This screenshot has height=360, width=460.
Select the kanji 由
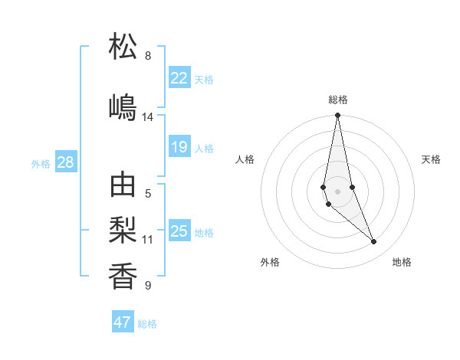(123, 186)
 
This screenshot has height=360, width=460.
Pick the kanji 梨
(123, 230)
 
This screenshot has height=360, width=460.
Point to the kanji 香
(123, 275)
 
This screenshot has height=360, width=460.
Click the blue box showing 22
(179, 78)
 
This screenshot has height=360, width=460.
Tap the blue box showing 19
(179, 147)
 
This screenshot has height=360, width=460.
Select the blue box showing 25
(179, 231)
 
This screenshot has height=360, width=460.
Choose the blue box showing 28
(65, 162)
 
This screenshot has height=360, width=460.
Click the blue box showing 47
(123, 322)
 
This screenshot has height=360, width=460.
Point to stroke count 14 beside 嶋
(148, 117)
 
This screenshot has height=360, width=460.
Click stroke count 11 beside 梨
(148, 240)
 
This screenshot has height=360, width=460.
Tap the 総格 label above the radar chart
(338, 100)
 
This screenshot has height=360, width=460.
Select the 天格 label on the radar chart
(432, 159)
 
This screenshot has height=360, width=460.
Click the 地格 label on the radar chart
(402, 263)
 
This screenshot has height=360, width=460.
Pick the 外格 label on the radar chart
(270, 263)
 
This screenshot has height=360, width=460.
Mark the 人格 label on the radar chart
(245, 159)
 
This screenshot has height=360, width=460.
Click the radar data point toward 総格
(337, 116)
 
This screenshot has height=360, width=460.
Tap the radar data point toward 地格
(374, 242)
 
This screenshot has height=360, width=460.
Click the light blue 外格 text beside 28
(41, 163)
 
